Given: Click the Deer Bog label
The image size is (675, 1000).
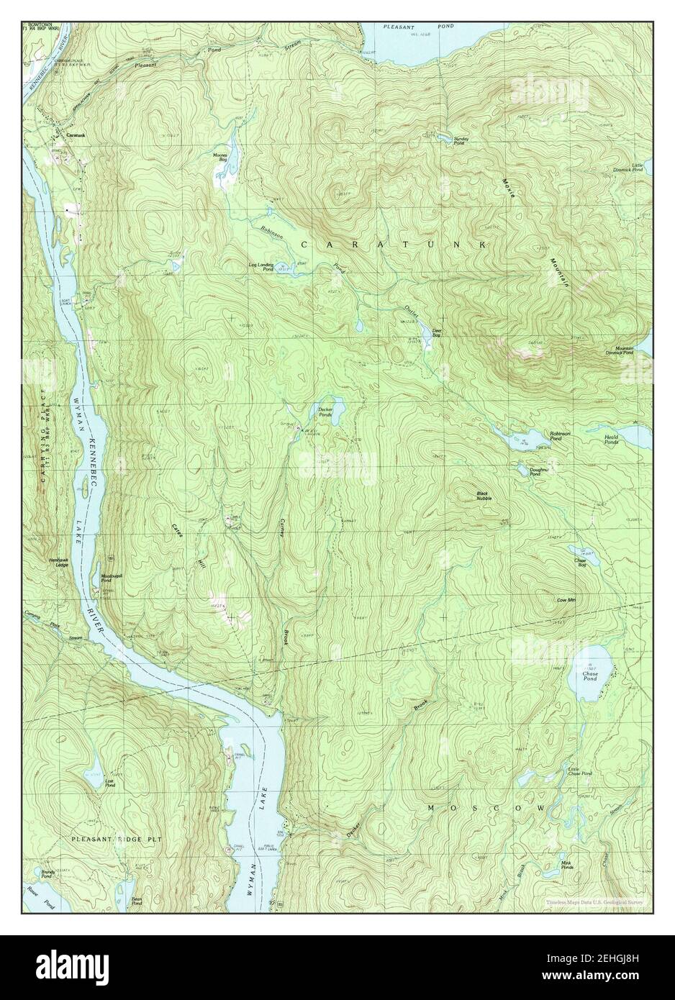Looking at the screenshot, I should pyautogui.click(x=437, y=333).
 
